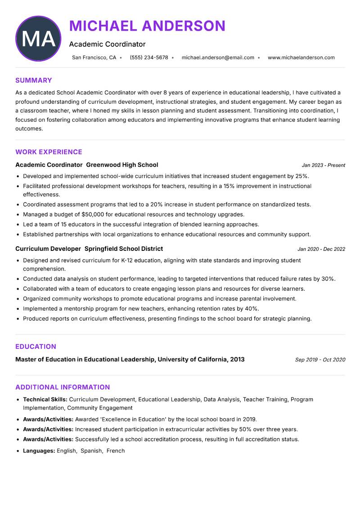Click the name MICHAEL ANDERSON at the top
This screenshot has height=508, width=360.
[147, 26]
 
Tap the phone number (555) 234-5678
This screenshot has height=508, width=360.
[148, 58]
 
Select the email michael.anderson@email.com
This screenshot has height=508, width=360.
[218, 58]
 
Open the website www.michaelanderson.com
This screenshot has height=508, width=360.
[301, 58]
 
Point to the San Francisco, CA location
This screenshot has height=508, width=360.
[94, 58]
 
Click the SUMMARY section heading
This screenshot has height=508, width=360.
[34, 80]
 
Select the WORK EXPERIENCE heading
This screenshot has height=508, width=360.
[49, 152]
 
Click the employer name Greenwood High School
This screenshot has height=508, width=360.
[122, 165]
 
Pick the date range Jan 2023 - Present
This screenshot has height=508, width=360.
[323, 165]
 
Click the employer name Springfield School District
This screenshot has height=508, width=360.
[124, 249]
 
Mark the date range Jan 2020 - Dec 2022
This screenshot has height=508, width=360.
[321, 249]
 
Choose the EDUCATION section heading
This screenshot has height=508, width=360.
[36, 347]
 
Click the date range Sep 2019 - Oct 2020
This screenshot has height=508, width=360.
[320, 360]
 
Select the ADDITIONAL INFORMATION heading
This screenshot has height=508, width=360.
[63, 387]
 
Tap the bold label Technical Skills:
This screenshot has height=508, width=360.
[45, 399]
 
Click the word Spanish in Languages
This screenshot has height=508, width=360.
[91, 450]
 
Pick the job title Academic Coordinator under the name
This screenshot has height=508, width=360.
[107, 44]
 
